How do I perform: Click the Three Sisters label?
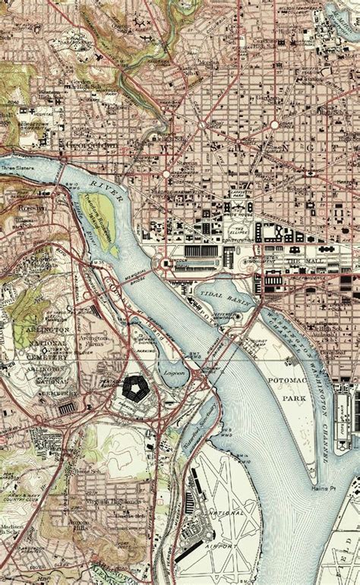[x=18, y=169]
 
